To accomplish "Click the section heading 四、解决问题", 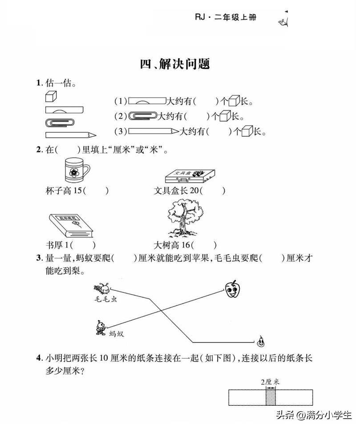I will pyautogui.click(x=174, y=64).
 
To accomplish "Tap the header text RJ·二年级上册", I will pyautogui.click(x=226, y=17).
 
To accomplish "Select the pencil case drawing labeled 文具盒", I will pyautogui.click(x=190, y=176).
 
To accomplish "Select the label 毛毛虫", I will pyautogui.click(x=105, y=300).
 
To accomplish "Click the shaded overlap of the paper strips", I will pyautogui.click(x=271, y=396).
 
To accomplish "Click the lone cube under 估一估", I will pyautogui.click(x=51, y=96).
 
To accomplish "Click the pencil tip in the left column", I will pyautogui.click(x=93, y=134).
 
